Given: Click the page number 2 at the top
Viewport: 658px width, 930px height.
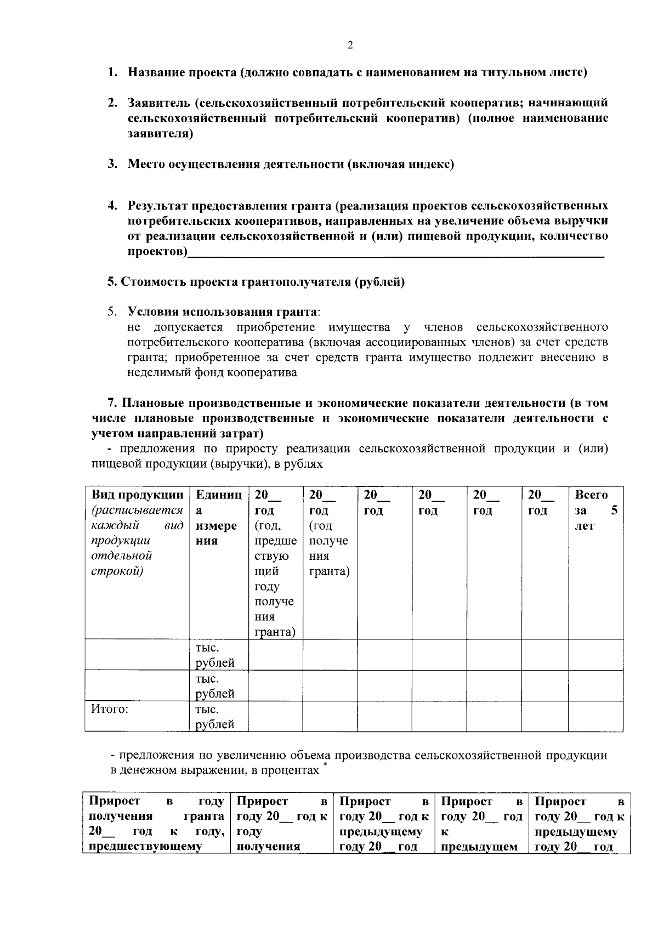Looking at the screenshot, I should click(350, 46).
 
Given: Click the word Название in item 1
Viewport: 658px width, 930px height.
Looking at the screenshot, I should click(156, 72).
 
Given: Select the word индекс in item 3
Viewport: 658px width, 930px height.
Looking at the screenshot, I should click(429, 164).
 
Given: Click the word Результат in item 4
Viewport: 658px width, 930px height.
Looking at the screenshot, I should click(160, 206).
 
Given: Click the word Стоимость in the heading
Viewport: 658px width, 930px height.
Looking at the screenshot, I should click(154, 282).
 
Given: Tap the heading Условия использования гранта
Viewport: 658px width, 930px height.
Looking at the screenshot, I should click(222, 312).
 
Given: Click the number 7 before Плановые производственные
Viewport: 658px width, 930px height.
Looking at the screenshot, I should click(111, 403).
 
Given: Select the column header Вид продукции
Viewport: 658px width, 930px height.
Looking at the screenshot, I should click(137, 495).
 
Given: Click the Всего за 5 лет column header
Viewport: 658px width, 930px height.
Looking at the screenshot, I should click(595, 510).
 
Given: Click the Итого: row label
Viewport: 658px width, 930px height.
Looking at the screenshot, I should click(110, 709).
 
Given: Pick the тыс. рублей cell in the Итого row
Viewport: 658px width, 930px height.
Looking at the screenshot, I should click(215, 717).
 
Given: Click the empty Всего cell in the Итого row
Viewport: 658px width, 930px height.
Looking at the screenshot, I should click(595, 717).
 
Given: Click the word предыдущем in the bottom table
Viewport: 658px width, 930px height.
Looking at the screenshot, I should click(479, 847).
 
